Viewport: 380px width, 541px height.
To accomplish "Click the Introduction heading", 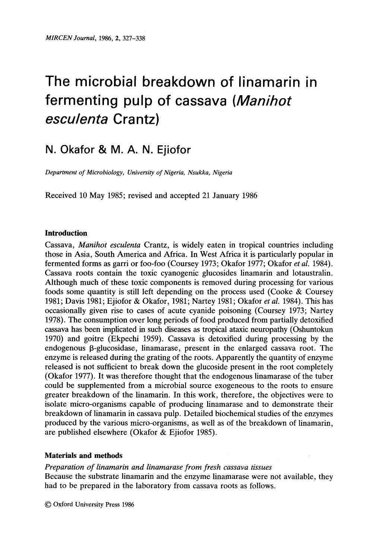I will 66,234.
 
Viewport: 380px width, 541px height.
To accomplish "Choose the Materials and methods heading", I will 83,456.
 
